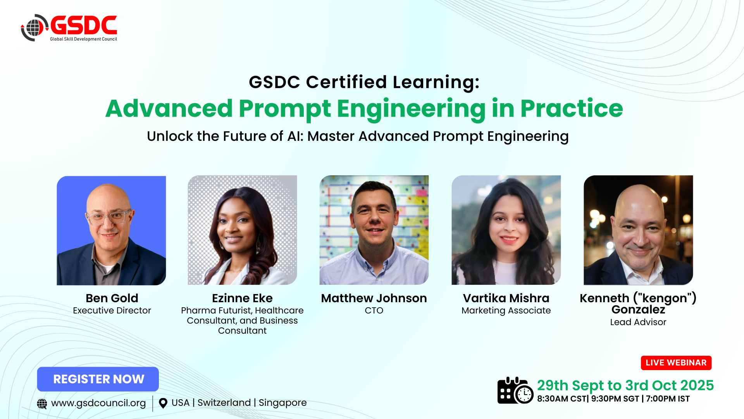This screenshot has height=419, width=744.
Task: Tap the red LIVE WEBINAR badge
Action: click(676, 363)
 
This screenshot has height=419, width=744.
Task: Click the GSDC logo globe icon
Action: click(34, 28)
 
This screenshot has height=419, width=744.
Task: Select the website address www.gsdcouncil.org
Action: click(98, 403)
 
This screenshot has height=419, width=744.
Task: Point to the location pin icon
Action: click(163, 403)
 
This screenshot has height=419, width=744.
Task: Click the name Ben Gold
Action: click(112, 298)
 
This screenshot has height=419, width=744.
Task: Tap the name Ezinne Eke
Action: click(242, 298)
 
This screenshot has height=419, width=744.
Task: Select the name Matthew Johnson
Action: click(374, 298)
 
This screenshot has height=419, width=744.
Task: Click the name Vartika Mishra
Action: click(506, 298)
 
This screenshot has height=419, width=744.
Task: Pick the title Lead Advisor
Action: click(638, 322)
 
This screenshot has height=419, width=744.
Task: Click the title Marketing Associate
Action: click(506, 310)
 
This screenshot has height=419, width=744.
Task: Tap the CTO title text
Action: click(374, 310)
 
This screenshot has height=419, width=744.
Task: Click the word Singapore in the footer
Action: click(282, 403)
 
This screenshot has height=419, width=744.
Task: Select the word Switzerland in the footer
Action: click(224, 403)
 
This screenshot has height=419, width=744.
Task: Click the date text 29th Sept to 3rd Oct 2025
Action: click(625, 385)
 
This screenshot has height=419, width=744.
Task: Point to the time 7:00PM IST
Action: click(668, 399)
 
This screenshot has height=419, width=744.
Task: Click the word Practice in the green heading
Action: click(572, 108)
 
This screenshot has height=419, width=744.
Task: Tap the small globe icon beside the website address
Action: click(42, 404)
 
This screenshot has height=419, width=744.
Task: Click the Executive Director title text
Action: click(112, 310)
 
